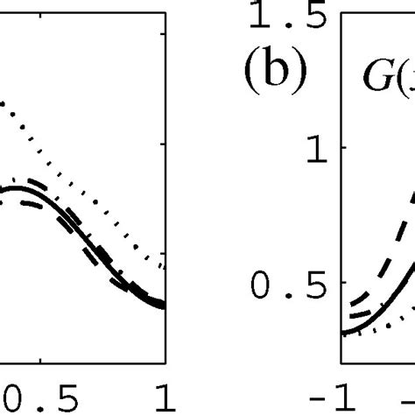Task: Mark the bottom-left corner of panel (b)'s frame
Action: coord(341,362)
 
